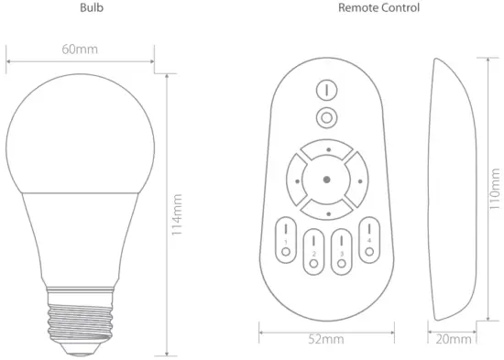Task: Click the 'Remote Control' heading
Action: coord(379,7)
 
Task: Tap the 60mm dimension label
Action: coord(81,49)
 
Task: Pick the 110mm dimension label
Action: coord(494,195)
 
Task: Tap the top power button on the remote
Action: coord(326,91)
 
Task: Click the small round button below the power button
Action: coord(326,116)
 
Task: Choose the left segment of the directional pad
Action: coord(298,180)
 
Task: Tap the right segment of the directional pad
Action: coord(355,180)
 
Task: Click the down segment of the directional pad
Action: coord(326,210)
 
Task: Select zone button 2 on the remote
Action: coord(312,249)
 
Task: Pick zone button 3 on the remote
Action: coord(341,249)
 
